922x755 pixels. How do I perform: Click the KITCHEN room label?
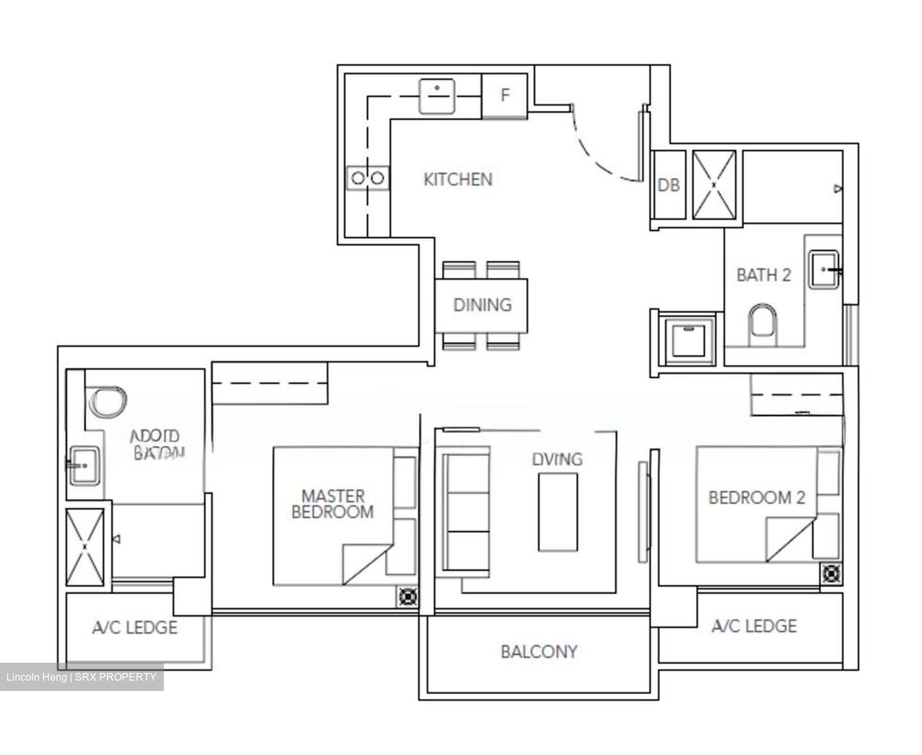458,179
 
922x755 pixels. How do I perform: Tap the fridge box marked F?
505,95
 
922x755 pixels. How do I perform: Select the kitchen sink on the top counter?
437,96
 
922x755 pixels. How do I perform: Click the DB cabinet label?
668,185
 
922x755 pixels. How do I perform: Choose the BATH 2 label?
763,275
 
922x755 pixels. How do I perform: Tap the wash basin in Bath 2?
824,270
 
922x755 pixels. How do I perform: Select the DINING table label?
482,305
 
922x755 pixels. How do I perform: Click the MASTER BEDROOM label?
332,504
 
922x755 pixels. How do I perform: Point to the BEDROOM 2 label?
756,498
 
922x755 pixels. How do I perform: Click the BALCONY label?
538,652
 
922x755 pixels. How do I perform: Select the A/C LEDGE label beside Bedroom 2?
754,626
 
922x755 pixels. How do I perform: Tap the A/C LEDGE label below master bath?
134,627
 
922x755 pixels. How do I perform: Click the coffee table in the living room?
557,512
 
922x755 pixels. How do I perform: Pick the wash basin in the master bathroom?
84,465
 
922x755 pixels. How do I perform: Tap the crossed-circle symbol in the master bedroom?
407,596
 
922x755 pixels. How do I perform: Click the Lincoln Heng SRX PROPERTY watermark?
81,677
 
